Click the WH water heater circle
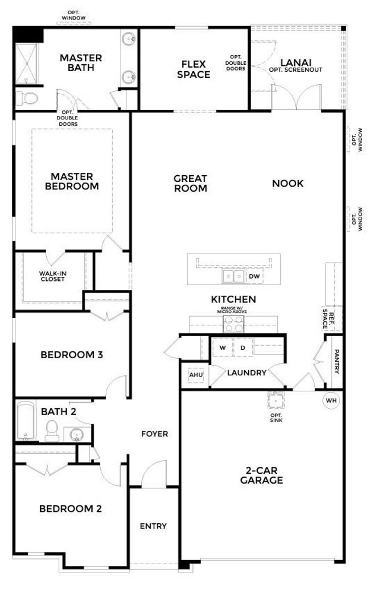pos(331,400)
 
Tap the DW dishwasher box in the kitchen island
pos(254,276)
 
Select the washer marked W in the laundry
pos(223,347)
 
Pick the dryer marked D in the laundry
pos(243,347)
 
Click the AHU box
pos(196,375)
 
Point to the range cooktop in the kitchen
pos(233,324)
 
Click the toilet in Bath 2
pos(52,431)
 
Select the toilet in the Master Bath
pos(27,99)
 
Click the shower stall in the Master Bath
pos(26,64)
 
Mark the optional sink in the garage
pos(276,400)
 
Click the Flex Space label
pos(194,69)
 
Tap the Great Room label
pos(191,183)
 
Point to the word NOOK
pos(287,184)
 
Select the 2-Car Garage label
pos(261,475)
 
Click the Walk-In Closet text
pos(52,276)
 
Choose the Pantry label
pos(337,361)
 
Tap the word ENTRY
pos(153,526)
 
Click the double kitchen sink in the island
pos(233,276)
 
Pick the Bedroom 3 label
pos(71,355)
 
